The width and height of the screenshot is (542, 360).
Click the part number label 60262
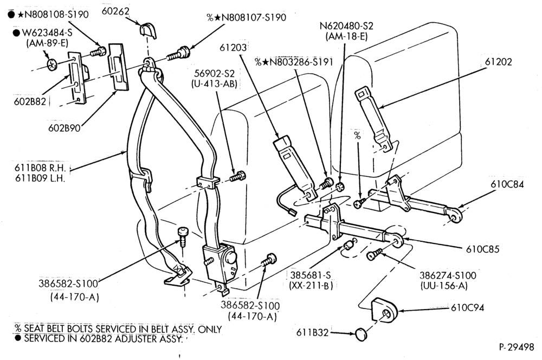[115, 11]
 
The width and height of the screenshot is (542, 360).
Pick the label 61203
[233, 47]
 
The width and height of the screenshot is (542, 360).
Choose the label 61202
[498, 62]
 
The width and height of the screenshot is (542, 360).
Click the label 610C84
[507, 184]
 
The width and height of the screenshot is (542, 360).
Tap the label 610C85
[482, 249]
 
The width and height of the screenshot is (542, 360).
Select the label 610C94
[467, 307]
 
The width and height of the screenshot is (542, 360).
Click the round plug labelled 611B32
[361, 334]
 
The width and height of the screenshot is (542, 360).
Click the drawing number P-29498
[517, 347]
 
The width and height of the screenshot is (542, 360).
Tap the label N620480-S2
[346, 26]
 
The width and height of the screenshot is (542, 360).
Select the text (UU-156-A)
[444, 286]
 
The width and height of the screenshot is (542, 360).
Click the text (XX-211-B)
[311, 285]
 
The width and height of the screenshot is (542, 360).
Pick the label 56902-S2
[214, 73]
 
